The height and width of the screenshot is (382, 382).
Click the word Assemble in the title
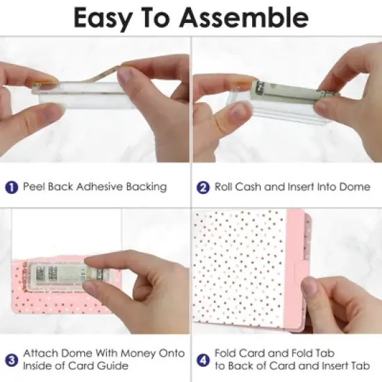click(x=244, y=17)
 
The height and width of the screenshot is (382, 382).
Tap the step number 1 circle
click(x=11, y=188)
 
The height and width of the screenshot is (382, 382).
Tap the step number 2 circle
click(x=203, y=188)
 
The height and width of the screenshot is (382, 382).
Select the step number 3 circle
click(x=11, y=360)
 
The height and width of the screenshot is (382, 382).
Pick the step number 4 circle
click(x=203, y=360)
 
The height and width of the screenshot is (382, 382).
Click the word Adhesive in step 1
click(x=99, y=187)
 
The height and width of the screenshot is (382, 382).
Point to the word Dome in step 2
click(x=354, y=187)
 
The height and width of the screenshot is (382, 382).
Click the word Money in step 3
click(x=138, y=353)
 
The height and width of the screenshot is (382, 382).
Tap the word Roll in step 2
click(x=224, y=187)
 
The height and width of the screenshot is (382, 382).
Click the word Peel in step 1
click(x=34, y=187)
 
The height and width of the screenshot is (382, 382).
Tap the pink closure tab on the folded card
click(x=301, y=270)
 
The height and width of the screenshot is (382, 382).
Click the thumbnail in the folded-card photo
click(x=309, y=286)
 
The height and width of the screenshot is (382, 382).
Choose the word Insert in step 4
click(x=335, y=365)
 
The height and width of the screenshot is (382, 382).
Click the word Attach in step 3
click(x=41, y=353)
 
